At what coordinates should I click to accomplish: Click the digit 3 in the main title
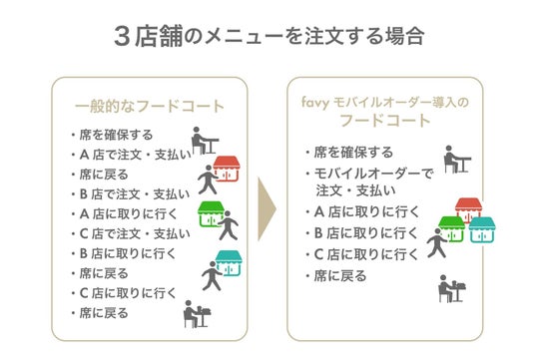pos(122,36)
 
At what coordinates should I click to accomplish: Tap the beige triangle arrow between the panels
pos(267,209)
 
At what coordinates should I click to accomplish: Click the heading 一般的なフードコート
pos(150,106)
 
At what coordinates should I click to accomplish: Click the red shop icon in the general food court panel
pos(227,169)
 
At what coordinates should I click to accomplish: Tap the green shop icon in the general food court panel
pos(211,214)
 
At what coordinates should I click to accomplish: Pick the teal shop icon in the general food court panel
pos(229,263)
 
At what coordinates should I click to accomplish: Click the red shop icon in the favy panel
pos(468,208)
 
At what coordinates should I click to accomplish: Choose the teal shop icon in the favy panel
pos(482,230)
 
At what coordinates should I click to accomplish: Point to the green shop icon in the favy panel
pos(452,229)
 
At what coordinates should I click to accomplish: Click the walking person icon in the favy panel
pos(436,243)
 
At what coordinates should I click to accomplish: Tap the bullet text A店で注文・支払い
pos(136,155)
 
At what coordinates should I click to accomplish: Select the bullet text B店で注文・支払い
pos(135,194)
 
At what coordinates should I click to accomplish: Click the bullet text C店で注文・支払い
pos(135,233)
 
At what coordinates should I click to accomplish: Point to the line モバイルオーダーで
pos(373,174)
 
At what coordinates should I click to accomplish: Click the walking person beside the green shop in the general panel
pos(229,225)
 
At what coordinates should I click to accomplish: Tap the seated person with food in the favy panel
pos(452,288)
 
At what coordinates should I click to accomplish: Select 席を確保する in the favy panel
pos(353,152)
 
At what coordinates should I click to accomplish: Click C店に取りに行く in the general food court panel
pos(128,293)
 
